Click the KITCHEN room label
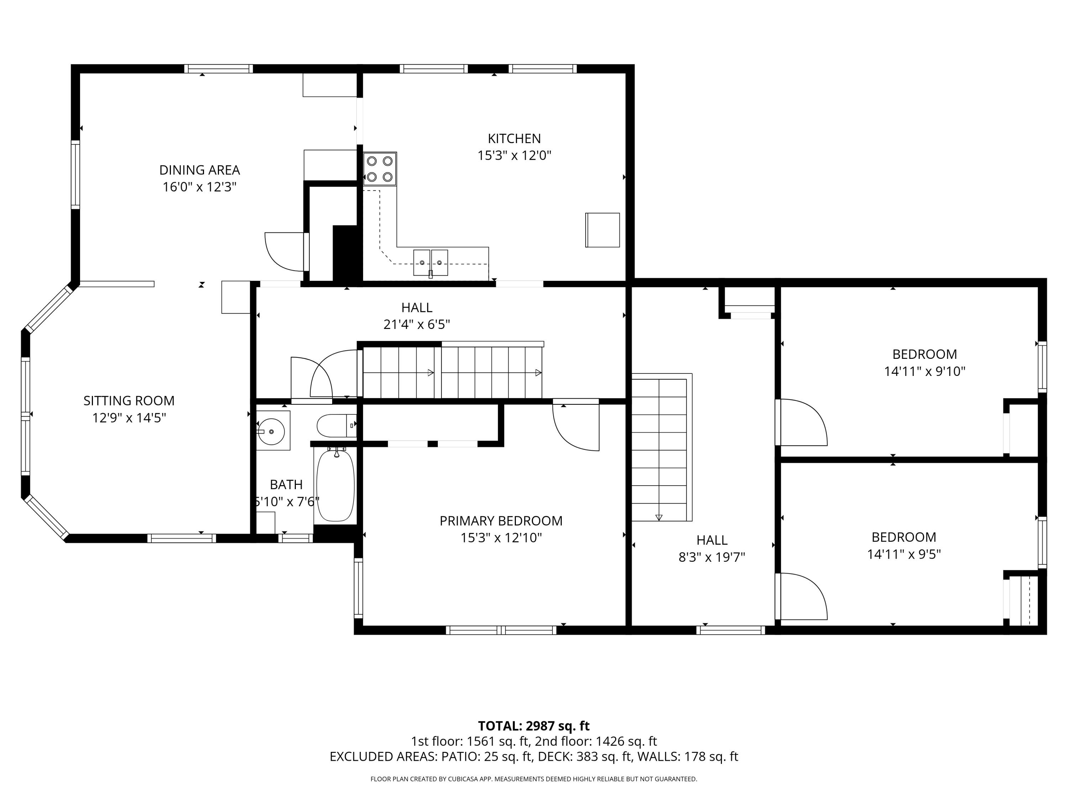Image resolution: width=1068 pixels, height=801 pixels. [x=514, y=138]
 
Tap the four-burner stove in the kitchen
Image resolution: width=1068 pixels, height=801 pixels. [x=379, y=169]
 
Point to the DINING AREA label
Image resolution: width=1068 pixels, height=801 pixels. [x=199, y=170]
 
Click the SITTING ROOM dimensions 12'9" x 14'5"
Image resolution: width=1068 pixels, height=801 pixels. [x=129, y=418]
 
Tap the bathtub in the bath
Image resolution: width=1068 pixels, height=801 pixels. [x=335, y=485]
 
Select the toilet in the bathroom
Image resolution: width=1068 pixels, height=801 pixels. [x=336, y=425]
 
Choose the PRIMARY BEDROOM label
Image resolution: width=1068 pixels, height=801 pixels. [x=501, y=521]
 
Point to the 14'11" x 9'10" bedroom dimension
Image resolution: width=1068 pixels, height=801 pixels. [x=924, y=371]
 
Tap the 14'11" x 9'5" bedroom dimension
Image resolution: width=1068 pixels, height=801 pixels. [x=904, y=554]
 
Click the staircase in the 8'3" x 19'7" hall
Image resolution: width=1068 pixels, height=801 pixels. [x=660, y=449]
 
